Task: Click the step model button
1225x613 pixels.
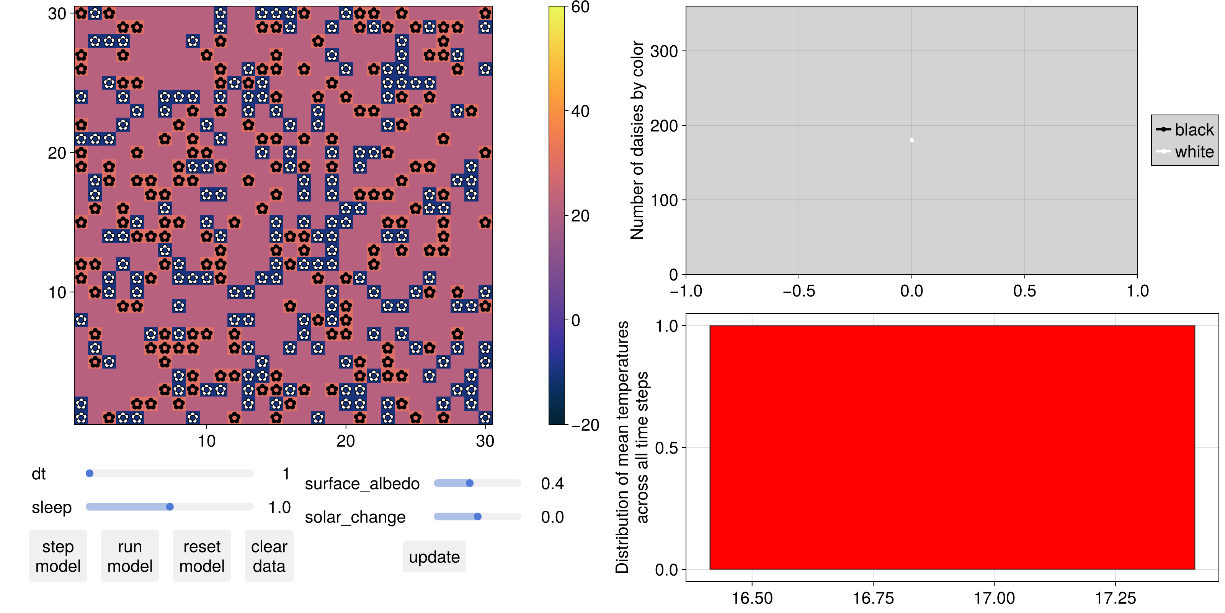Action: [x=58, y=556]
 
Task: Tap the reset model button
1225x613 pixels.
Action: [x=202, y=556]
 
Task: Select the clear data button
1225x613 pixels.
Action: [x=269, y=556]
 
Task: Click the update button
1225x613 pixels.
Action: [x=434, y=557]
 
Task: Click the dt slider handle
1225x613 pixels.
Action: [x=90, y=474]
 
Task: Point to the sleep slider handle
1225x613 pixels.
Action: [x=170, y=507]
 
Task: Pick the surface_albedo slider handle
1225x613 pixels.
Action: [x=469, y=484]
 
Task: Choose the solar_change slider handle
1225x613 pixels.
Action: [x=477, y=517]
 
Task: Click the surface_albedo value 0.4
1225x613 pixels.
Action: [x=552, y=484]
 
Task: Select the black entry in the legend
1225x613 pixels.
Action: [x=1185, y=129]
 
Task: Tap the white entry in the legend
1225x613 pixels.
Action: [x=1185, y=152]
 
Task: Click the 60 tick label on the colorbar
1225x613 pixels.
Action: [x=580, y=7]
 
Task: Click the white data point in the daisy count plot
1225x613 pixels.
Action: [x=911, y=140]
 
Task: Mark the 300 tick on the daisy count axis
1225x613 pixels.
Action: [x=664, y=51]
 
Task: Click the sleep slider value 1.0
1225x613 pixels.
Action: [x=279, y=507]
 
